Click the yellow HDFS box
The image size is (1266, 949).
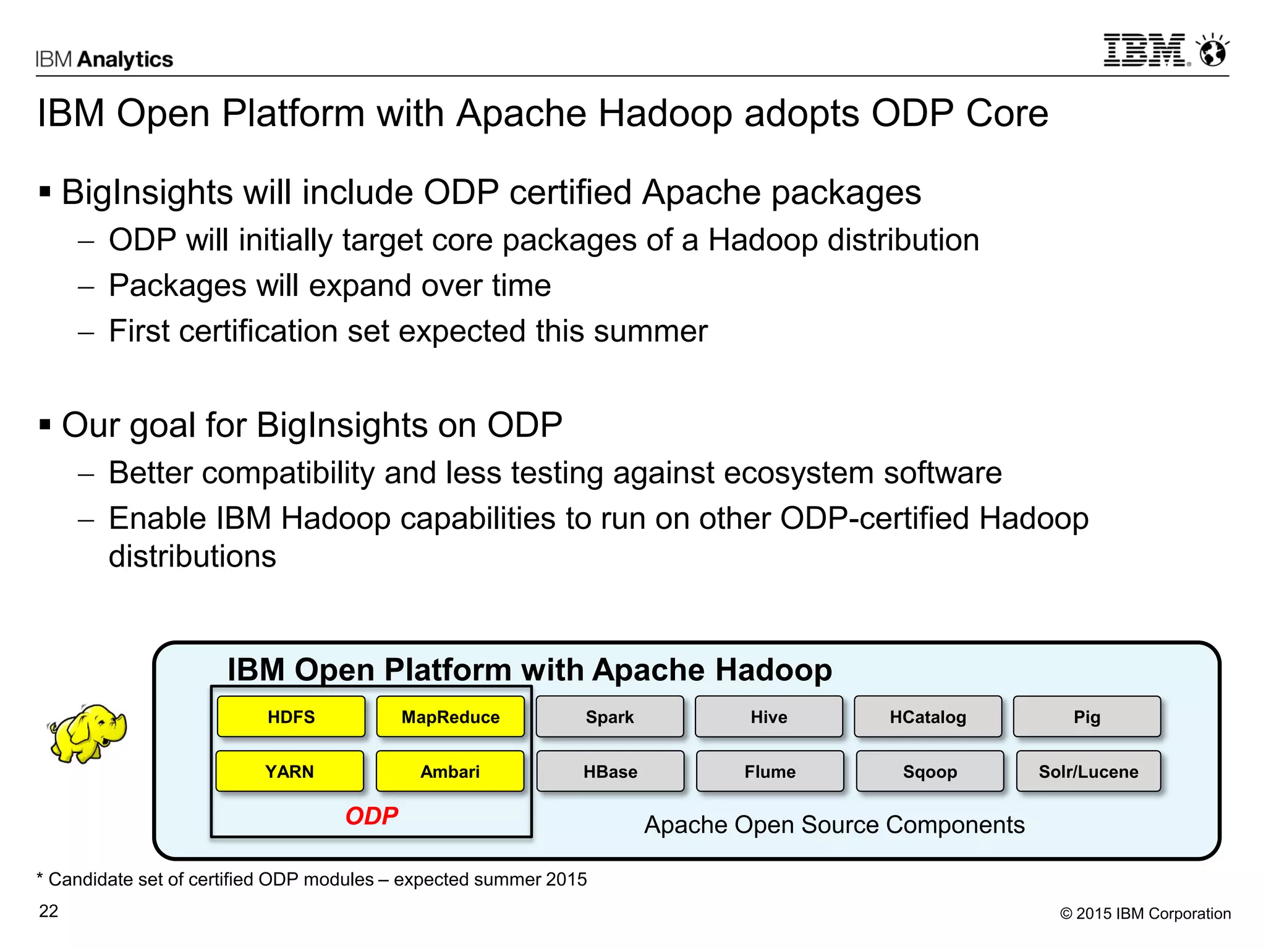(291, 717)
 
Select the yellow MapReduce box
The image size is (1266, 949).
(451, 717)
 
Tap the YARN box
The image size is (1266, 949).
(290, 771)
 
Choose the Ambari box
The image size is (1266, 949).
(450, 771)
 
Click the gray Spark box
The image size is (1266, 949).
(610, 717)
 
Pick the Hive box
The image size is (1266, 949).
(769, 717)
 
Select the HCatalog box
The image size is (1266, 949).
(928, 717)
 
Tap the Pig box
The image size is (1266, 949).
(1087, 717)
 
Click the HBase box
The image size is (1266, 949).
(610, 771)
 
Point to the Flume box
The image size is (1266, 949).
(770, 771)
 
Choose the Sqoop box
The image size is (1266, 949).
(930, 771)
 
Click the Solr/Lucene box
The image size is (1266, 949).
(1089, 771)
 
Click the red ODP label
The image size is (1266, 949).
(372, 816)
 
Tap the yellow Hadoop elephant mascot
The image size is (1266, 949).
(88, 733)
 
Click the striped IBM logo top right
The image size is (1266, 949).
(1145, 50)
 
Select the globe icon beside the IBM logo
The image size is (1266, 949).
(1213, 51)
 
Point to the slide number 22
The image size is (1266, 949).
(49, 911)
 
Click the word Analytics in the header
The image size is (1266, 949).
(125, 59)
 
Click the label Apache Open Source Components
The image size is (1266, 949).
(835, 825)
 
